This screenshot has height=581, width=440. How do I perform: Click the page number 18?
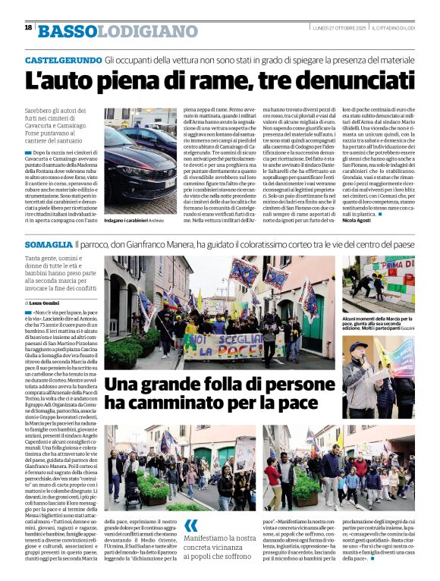(x=28, y=27)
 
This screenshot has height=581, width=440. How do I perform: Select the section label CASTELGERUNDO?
(x=63, y=59)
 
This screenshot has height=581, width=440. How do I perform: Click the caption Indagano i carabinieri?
(x=126, y=220)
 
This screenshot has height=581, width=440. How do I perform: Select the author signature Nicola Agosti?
(x=357, y=220)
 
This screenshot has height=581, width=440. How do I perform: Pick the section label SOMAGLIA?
(x=48, y=246)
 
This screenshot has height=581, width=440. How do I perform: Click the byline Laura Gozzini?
(x=46, y=302)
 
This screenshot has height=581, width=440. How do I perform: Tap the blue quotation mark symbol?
(x=191, y=525)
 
